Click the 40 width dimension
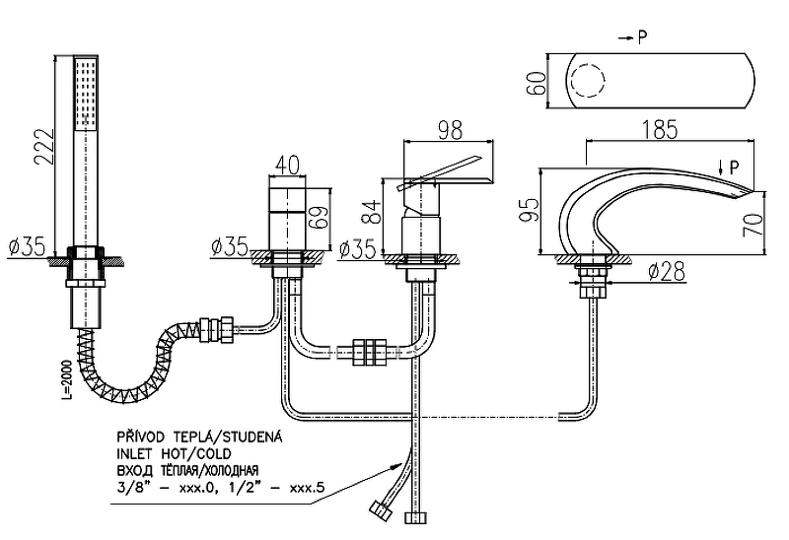288,164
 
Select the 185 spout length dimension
671,127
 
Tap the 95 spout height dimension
531,208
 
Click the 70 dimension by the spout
755,226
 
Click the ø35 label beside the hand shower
28,247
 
